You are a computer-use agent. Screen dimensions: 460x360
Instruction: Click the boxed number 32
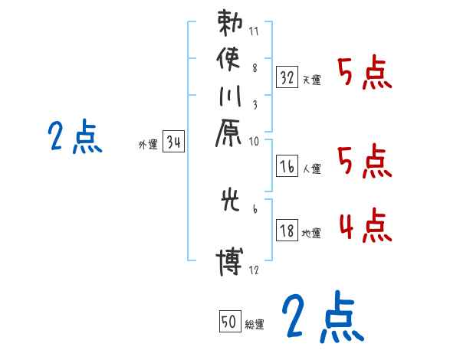click(287, 77)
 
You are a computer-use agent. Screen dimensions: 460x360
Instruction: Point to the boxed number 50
click(228, 322)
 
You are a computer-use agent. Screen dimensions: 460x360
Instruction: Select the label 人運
click(310, 169)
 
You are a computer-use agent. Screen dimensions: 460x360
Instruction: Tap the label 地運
click(310, 233)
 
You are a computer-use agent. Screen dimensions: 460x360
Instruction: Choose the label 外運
click(148, 144)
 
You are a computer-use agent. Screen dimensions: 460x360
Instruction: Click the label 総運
click(254, 325)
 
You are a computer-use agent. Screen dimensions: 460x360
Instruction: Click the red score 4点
click(364, 227)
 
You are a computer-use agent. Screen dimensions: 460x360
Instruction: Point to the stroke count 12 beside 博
click(255, 270)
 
